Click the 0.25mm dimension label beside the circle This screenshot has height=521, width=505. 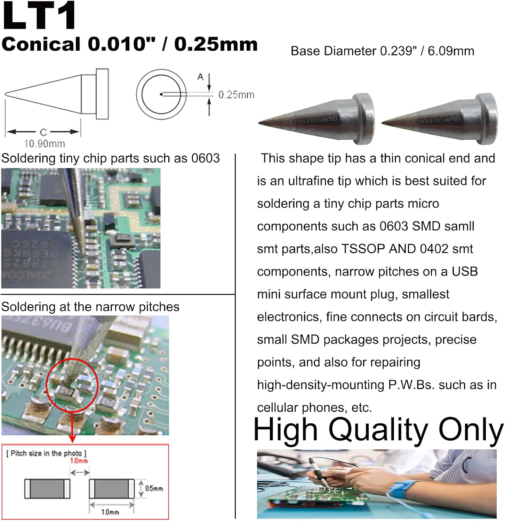236,94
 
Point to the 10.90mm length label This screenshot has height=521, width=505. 44,143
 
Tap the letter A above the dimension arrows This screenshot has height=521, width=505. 200,77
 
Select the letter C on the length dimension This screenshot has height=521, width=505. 43,132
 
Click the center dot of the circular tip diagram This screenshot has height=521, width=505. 161,94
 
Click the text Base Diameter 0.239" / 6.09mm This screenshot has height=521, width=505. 382,51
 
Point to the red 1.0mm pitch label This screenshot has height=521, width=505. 79,461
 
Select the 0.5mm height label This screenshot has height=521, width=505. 154,488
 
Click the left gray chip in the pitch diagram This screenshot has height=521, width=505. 47,488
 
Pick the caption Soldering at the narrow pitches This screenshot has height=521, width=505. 90,307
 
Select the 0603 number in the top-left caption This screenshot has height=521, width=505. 205,158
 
